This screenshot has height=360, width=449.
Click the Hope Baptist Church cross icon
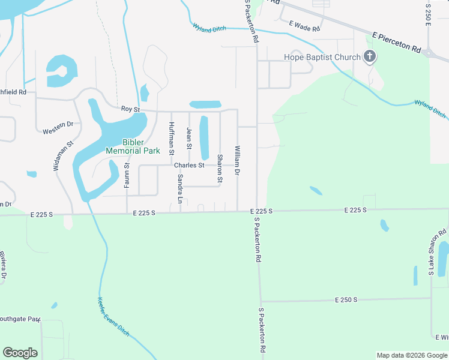370,58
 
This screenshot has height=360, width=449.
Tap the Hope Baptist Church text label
322,58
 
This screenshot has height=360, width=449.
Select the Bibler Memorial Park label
133,146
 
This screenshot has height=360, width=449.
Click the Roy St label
130,109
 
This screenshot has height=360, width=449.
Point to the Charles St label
189,165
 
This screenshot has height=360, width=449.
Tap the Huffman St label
172,136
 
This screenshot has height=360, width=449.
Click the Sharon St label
220,169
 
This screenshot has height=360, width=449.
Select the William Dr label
238,160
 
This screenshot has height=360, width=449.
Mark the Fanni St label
127,175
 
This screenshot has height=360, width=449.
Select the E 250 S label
346,299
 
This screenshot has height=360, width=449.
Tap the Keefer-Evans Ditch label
112,317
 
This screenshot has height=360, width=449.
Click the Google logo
20,353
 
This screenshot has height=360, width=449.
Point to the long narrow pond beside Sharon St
203,137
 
